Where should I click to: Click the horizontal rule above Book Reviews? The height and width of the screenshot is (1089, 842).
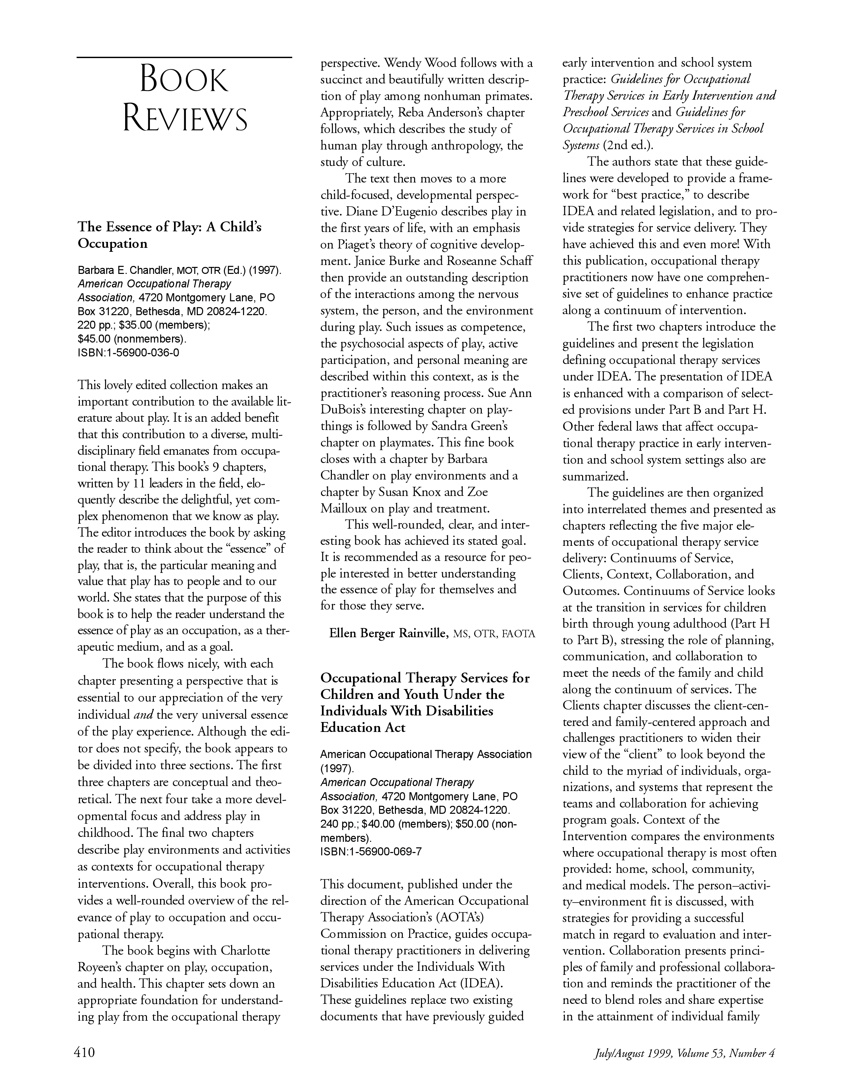[x=184, y=57]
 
